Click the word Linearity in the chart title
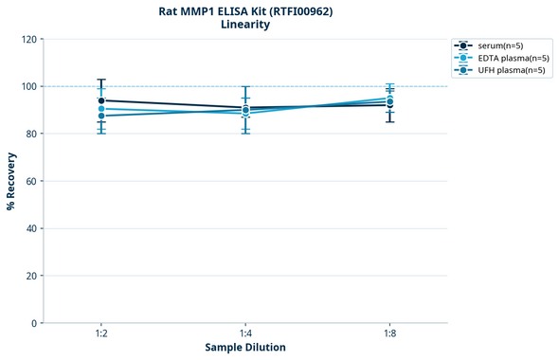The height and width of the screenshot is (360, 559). coord(244,25)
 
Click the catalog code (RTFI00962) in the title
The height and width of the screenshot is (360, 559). coord(291,10)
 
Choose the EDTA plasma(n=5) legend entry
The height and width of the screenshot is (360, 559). coord(508,58)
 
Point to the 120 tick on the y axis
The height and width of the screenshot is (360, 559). coord(28,39)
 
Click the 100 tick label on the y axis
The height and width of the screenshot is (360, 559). coord(28,86)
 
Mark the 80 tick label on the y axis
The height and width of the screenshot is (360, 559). coord(31,134)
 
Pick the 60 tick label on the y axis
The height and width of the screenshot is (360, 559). coord(31,181)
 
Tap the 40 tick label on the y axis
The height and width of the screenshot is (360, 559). coord(31,228)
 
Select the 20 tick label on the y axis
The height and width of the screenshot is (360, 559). coord(31,276)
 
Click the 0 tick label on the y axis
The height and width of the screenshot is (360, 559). coord(34,323)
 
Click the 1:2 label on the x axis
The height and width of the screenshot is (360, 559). coord(100,334)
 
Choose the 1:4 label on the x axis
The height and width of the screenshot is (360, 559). coord(245,334)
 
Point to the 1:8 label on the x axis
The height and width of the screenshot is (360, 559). coord(389,334)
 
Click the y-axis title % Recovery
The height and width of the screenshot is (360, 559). coord(11,180)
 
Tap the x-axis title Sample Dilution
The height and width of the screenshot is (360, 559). coord(245,348)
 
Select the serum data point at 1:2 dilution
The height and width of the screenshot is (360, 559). coord(101,100)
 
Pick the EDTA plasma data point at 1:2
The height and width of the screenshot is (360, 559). coord(101,109)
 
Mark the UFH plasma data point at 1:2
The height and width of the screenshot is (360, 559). coord(101,116)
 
